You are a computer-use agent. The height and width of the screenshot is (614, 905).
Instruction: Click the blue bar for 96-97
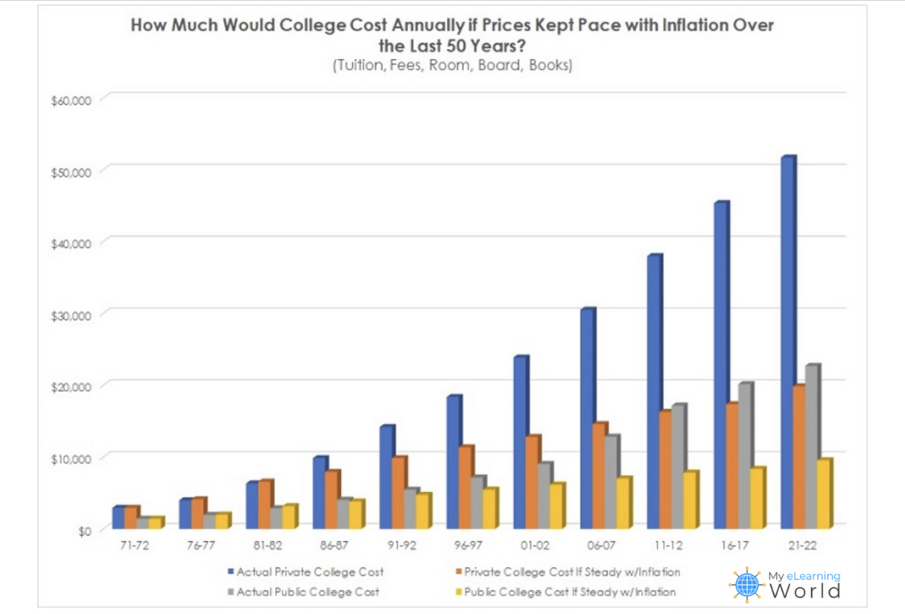453,463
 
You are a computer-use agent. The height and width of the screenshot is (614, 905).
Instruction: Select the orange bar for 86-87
331,500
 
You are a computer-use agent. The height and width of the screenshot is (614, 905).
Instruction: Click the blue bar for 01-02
520,443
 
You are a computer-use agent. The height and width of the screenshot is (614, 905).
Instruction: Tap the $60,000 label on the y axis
72,100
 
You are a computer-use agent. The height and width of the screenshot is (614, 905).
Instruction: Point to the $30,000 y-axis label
72,316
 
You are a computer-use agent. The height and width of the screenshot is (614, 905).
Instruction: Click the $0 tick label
84,531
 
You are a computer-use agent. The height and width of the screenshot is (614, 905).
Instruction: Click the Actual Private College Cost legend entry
309,572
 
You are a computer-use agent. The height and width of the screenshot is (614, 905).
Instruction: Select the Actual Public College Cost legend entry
307,592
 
